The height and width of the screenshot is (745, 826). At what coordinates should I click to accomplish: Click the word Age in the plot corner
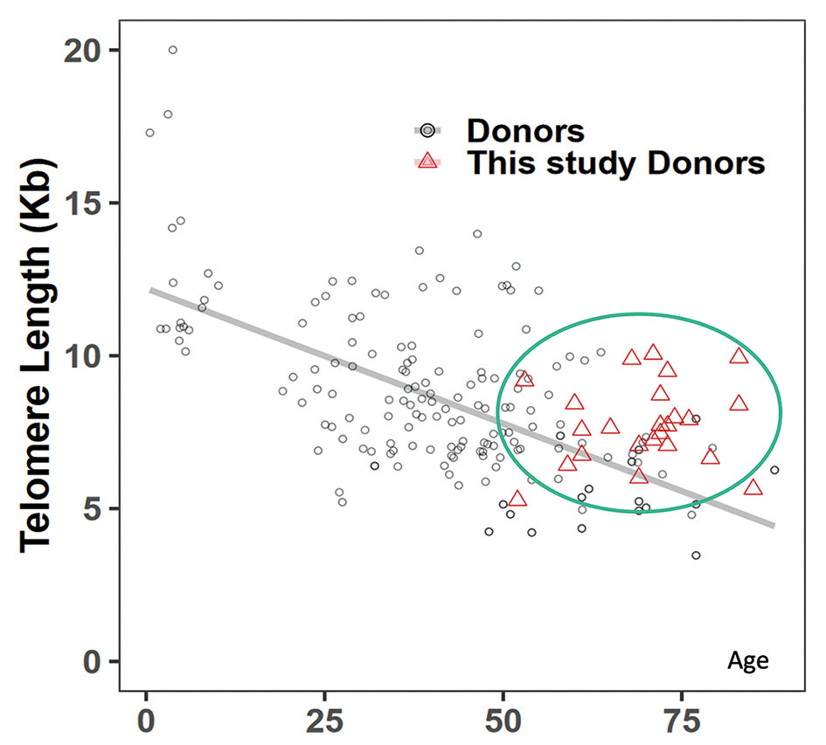pyautogui.click(x=748, y=661)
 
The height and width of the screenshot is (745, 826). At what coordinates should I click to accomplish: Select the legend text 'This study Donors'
pyautogui.click(x=616, y=162)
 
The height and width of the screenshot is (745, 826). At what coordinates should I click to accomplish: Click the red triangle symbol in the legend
pyautogui.click(x=427, y=161)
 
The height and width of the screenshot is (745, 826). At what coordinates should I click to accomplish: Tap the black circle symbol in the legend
pyautogui.click(x=427, y=130)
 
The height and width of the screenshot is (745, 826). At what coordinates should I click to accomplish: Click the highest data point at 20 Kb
pyautogui.click(x=173, y=50)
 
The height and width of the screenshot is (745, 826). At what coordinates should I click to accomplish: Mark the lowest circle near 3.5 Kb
pyautogui.click(x=696, y=555)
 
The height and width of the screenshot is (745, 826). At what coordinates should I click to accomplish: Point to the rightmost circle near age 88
pyautogui.click(x=774, y=470)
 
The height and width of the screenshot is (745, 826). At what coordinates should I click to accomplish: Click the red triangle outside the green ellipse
pyautogui.click(x=517, y=499)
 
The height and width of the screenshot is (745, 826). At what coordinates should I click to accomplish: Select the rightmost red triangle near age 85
pyautogui.click(x=753, y=486)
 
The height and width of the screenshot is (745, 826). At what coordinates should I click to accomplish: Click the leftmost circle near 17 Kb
pyautogui.click(x=149, y=133)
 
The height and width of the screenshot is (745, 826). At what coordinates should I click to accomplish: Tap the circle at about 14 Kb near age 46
pyautogui.click(x=477, y=234)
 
